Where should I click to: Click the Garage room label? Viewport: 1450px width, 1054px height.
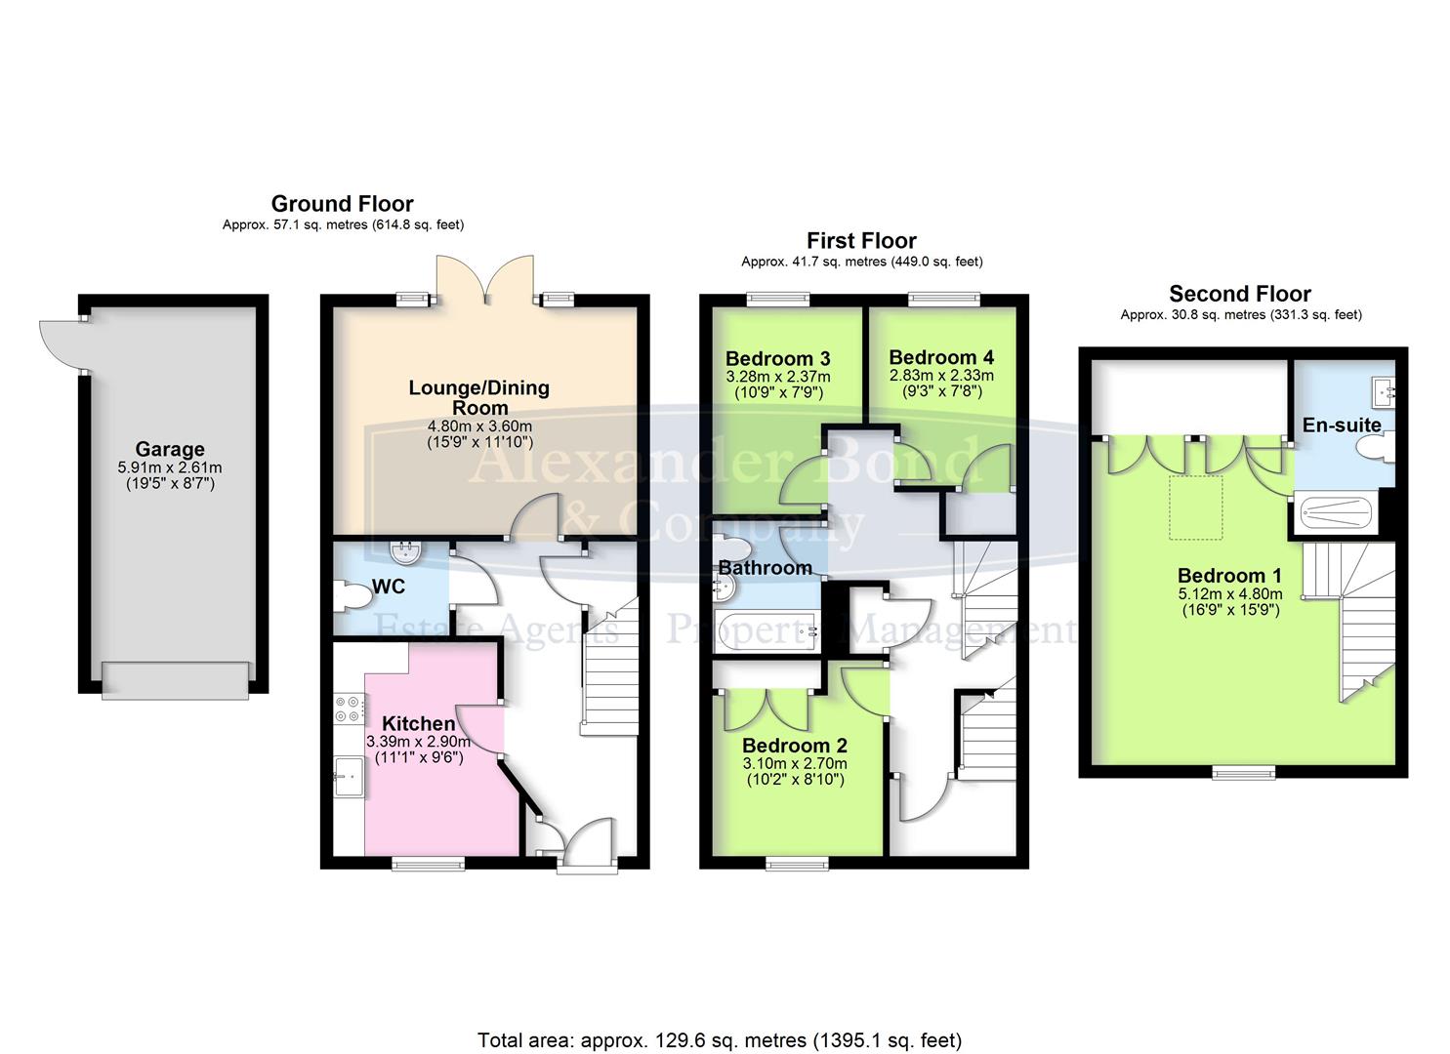(x=170, y=450)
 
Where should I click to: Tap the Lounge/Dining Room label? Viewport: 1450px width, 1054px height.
(x=478, y=397)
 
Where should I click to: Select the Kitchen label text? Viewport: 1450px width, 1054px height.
(x=418, y=723)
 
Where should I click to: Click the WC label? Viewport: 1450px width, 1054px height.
(x=388, y=588)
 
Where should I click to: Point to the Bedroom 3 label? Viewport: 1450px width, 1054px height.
(x=777, y=358)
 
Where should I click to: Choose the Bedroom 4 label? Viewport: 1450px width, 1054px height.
(x=941, y=357)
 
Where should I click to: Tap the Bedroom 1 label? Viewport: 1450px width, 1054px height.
(x=1229, y=576)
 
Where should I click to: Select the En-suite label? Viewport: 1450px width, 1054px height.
(x=1342, y=425)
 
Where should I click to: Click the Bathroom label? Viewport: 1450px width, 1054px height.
(x=766, y=568)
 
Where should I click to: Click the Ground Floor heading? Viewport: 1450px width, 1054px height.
(x=342, y=204)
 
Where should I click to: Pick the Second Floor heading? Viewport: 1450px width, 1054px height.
(x=1239, y=294)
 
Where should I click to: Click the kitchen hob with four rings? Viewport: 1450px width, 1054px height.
(x=347, y=709)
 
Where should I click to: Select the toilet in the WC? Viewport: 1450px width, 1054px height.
(x=349, y=596)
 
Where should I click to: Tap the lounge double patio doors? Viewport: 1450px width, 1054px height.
(x=484, y=277)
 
